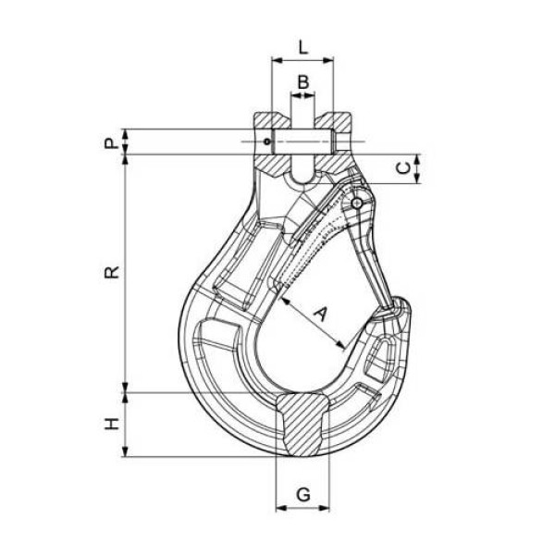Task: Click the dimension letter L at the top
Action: pos(303,47)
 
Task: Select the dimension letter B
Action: pos(303,82)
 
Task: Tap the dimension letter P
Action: pos(110,143)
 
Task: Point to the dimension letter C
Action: pos(403,168)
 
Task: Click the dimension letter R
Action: pos(112,272)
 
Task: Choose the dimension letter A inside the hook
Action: pos(320,314)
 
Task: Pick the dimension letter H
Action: pos(111,424)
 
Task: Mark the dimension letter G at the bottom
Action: pos(303,494)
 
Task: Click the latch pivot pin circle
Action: pos(357,203)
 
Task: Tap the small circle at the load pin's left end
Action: pos(267,142)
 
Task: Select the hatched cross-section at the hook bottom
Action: pos(303,425)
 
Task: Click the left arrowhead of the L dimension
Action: pos(277,60)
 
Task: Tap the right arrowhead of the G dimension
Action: pos(324,509)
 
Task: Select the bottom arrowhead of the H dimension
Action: pos(125,451)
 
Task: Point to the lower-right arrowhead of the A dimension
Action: pos(340,345)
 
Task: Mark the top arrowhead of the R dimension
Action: pos(125,160)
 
